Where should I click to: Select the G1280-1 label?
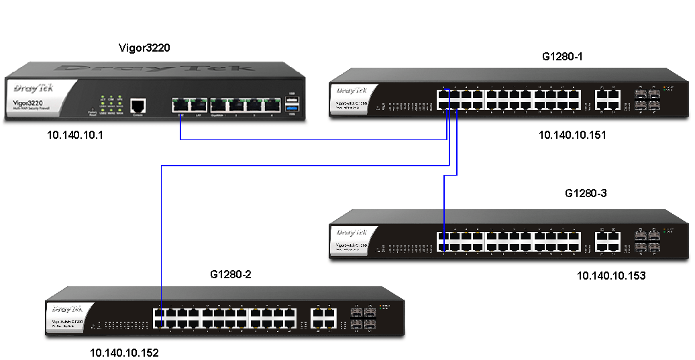(562, 56)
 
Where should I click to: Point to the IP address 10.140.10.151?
(572, 135)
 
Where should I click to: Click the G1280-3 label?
(586, 194)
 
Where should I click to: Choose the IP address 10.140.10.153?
(611, 275)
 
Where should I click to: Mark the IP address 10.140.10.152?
(125, 353)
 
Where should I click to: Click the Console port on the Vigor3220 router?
(138, 106)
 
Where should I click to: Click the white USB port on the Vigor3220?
(291, 100)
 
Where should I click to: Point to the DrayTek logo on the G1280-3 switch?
(352, 232)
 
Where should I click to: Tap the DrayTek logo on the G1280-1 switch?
(352, 89)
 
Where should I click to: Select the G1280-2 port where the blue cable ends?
(160, 323)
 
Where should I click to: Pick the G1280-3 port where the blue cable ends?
(444, 247)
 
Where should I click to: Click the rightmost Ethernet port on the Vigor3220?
(272, 105)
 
